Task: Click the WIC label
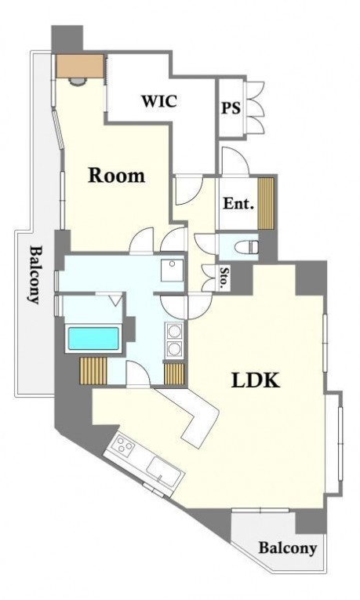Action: pyautogui.click(x=159, y=100)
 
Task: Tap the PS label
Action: pyautogui.click(x=231, y=107)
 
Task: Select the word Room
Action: pyautogui.click(x=117, y=175)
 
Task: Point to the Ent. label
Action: pyautogui.click(x=238, y=203)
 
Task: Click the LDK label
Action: pyautogui.click(x=256, y=380)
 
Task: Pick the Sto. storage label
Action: pyautogui.click(x=224, y=277)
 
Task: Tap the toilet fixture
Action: pyautogui.click(x=246, y=247)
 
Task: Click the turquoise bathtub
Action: pyautogui.click(x=93, y=338)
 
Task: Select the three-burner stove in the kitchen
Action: pyautogui.click(x=125, y=445)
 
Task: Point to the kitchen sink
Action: pyautogui.click(x=165, y=470)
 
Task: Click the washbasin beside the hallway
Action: pyautogui.click(x=173, y=270)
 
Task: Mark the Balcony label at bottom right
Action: pyautogui.click(x=288, y=548)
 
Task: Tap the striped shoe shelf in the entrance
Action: pyautogui.click(x=266, y=204)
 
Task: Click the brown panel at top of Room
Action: pyautogui.click(x=80, y=66)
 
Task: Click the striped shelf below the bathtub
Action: pyautogui.click(x=93, y=370)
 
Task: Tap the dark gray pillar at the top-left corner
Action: pyautogui.click(x=67, y=39)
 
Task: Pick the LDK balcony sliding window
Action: pyautogui.click(x=260, y=510)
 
